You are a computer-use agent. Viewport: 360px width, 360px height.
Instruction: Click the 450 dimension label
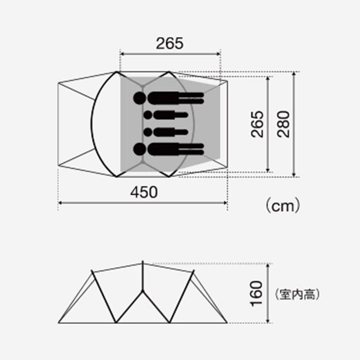144,192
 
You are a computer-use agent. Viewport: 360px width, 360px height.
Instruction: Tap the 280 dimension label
283,124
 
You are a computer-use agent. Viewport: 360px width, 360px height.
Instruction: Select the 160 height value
256,294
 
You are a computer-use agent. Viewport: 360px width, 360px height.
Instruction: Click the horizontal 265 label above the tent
170,43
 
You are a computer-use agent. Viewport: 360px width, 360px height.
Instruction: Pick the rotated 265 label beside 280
257,124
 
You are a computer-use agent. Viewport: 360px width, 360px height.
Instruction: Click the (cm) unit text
283,206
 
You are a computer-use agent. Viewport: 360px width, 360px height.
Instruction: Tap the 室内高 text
297,294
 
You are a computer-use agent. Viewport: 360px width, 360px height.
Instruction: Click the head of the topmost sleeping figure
139,98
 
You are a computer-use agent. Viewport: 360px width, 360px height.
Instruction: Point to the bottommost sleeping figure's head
139,149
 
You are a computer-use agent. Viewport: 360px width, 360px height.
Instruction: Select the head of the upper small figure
148,115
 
